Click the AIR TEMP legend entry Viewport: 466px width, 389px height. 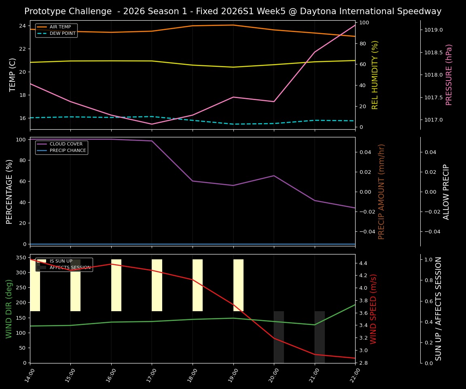click(60, 27)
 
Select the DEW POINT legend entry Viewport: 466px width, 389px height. click(62, 34)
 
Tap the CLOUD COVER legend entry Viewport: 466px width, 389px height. click(66, 144)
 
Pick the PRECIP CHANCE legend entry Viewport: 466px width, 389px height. click(68, 151)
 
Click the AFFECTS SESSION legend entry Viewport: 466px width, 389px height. click(70, 268)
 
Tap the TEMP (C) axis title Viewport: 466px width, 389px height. click(13, 75)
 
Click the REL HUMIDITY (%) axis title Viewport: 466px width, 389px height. click(375, 75)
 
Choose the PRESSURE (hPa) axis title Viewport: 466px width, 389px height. click(449, 75)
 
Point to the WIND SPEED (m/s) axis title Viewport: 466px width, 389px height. click(373, 309)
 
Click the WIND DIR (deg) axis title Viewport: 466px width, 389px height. click(9, 309)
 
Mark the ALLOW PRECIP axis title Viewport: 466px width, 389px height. click(446, 192)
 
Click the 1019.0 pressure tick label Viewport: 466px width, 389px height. click(434, 30)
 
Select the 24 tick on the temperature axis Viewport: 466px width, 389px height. click(23, 26)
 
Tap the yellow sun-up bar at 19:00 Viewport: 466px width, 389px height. click(238, 285)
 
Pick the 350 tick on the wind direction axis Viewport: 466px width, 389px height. click(20, 257)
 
